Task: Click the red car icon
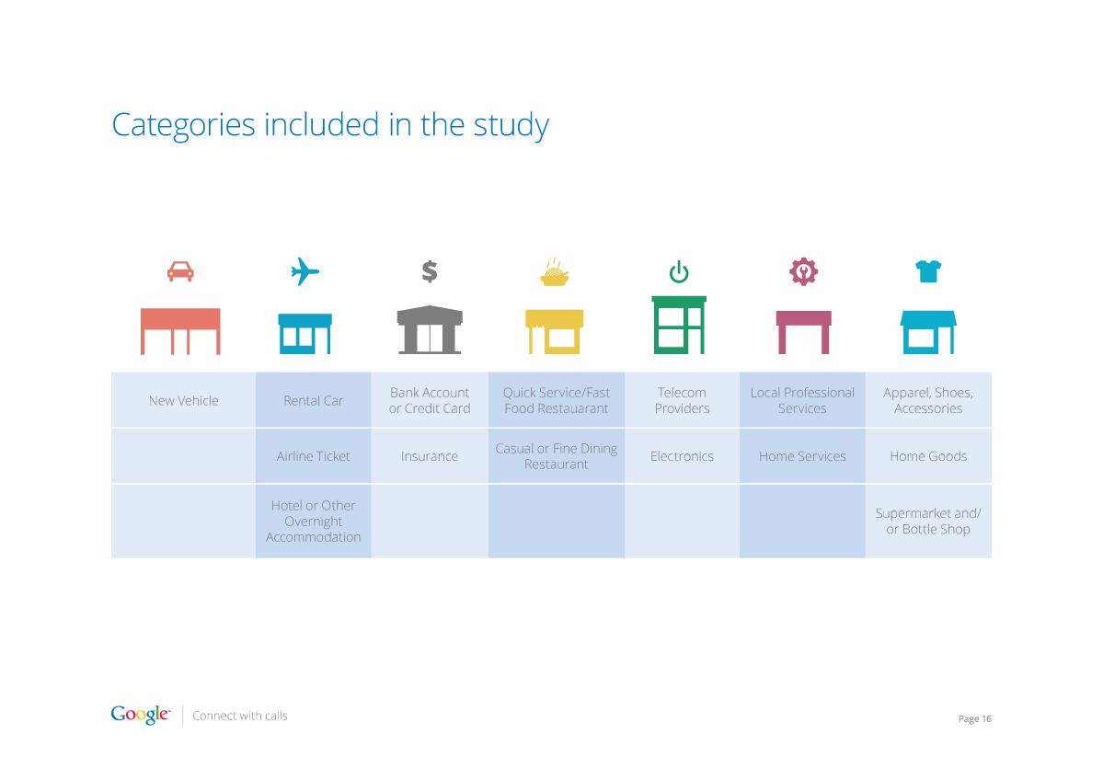click(181, 271)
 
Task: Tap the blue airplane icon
click(304, 271)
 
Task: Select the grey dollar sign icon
click(430, 271)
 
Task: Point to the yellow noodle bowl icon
click(555, 272)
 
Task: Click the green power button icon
click(679, 271)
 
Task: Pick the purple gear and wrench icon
click(803, 271)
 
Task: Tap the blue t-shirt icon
click(928, 271)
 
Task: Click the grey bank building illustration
click(430, 330)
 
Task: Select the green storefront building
click(679, 325)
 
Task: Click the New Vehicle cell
click(184, 400)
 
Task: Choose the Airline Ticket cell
click(313, 455)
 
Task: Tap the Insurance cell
click(429, 455)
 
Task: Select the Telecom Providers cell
click(682, 400)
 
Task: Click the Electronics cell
click(682, 455)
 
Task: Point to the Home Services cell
click(802, 455)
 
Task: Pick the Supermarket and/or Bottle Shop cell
click(928, 522)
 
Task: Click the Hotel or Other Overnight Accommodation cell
click(313, 522)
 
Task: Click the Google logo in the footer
click(140, 715)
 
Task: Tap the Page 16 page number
click(974, 718)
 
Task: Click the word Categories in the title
click(184, 125)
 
